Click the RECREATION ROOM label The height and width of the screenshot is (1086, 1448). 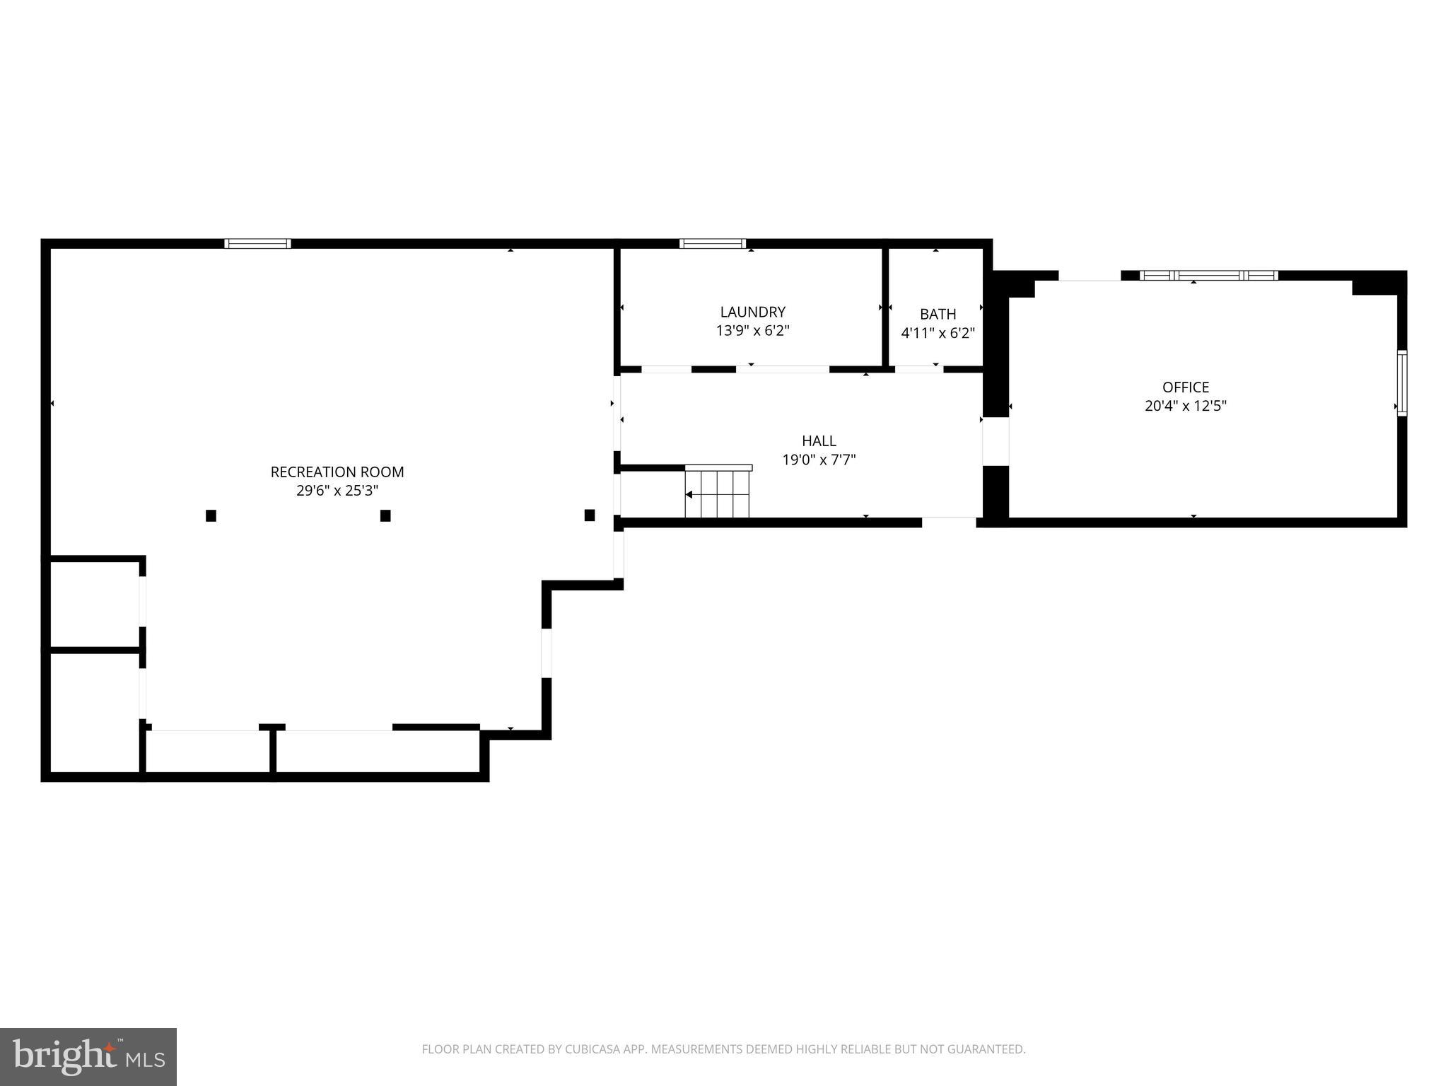(337, 472)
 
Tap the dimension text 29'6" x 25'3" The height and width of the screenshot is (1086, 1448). (337, 491)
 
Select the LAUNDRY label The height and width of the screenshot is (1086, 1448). (752, 312)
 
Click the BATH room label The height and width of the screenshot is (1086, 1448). (938, 314)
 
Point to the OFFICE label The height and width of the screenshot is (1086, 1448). (1186, 387)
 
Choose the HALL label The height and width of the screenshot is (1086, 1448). (819, 440)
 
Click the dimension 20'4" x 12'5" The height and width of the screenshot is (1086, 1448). (1186, 406)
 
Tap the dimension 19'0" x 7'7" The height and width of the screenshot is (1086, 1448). (819, 460)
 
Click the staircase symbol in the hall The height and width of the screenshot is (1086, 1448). (717, 493)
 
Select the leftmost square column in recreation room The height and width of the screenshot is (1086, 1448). (211, 515)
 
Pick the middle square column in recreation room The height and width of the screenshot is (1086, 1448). (385, 515)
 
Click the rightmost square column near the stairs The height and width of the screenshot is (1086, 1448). (590, 515)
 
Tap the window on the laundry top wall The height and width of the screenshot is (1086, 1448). (713, 244)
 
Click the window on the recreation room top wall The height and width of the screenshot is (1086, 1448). (258, 244)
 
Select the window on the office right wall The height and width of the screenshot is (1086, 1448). (1402, 383)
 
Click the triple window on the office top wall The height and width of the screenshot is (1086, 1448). (1209, 276)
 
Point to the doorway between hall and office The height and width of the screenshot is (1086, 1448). (995, 441)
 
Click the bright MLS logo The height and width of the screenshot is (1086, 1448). (88, 1056)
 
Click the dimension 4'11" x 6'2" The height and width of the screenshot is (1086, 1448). (938, 333)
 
